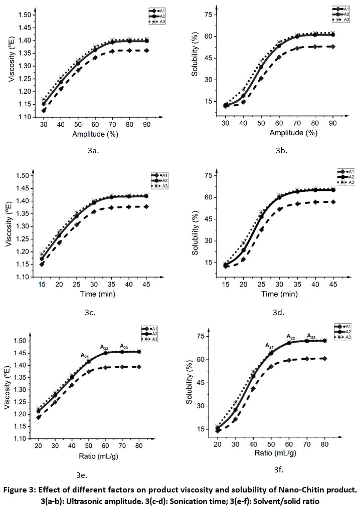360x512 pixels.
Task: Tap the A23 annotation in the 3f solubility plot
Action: [x=311, y=336]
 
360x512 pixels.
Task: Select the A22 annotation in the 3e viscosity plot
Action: [x=104, y=347]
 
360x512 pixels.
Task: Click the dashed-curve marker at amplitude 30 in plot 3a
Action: [x=44, y=110]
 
